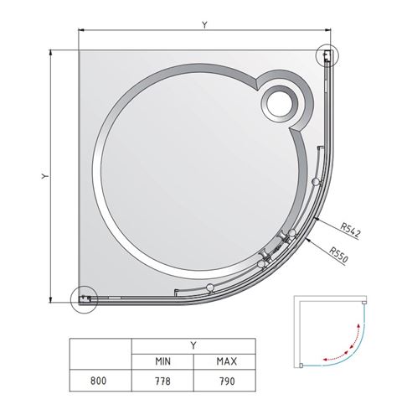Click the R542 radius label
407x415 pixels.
350,231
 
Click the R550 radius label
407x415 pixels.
338,255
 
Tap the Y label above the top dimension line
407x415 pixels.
204,25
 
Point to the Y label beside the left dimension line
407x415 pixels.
45,176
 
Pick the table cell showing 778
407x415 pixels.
162,381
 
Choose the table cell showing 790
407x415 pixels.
224,381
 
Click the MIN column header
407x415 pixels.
162,361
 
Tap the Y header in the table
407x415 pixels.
193,346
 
